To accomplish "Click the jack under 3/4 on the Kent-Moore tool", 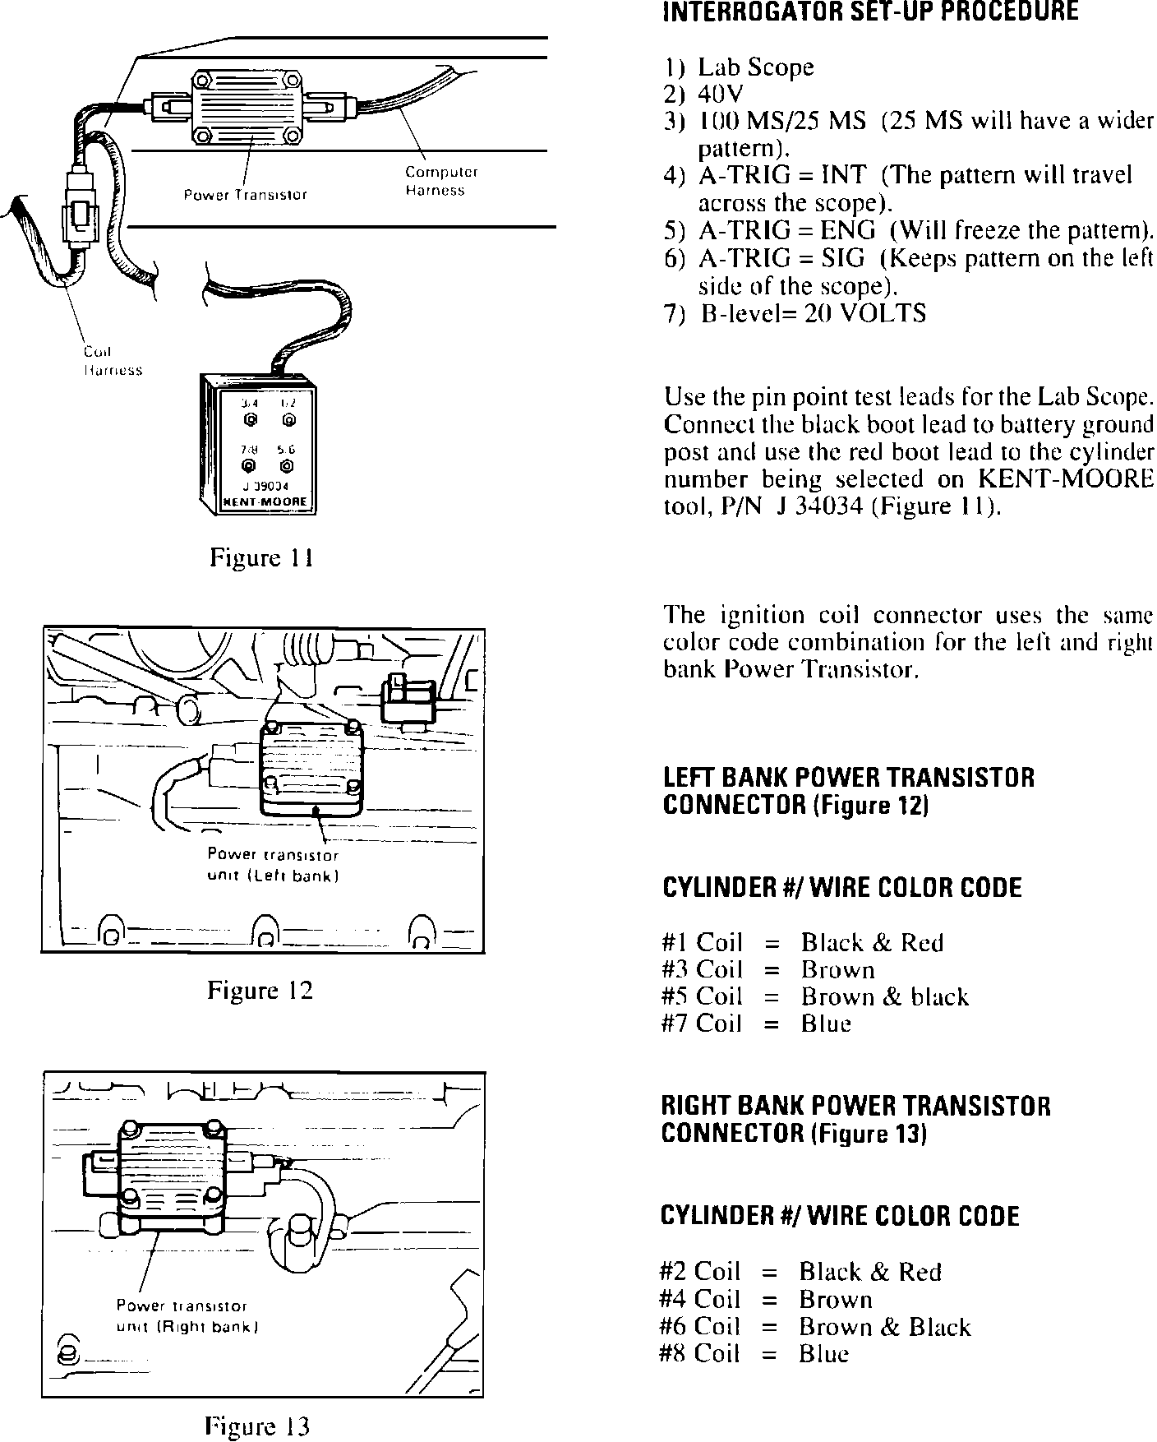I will point(251,421).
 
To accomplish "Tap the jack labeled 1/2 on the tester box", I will point(288,421).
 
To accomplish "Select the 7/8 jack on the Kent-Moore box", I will point(249,467).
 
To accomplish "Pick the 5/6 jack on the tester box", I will point(287,467).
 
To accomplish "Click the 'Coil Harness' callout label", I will point(113,361).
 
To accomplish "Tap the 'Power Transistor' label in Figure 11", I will point(245,195).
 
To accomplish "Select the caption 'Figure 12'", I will point(260,990).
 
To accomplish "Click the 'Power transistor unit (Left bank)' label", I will point(273,865).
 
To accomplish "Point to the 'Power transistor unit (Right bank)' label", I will point(187,1316).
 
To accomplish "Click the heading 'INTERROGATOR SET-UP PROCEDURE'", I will point(870,12).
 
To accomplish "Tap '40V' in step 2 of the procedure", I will point(720,94).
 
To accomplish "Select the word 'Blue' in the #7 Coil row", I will point(826,1024).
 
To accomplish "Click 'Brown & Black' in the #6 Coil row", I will point(884,1327).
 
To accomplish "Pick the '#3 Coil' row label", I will point(702,969).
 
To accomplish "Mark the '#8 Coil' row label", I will point(699,1354).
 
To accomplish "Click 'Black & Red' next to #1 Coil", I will point(872,942).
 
